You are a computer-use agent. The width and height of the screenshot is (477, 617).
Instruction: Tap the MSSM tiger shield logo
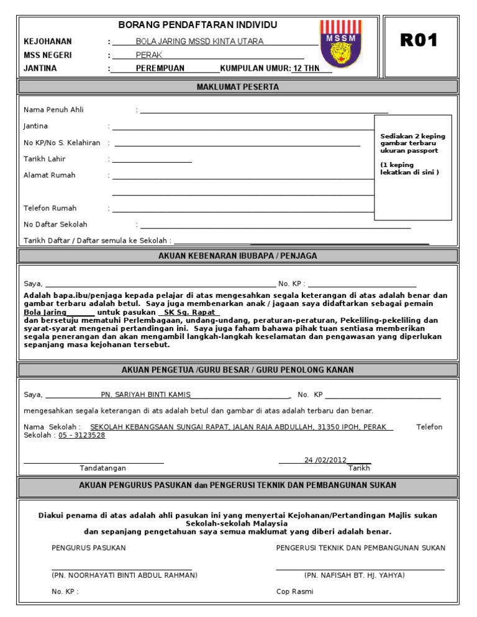pos(340,47)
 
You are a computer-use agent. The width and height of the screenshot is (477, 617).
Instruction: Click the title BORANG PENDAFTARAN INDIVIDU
pos(198,25)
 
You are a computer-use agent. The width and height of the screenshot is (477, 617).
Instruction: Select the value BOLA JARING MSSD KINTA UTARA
pos(199,42)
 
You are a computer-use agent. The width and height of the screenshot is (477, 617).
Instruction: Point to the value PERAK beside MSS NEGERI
pos(148,55)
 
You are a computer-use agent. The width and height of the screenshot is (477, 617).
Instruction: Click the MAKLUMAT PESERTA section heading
pos(238,87)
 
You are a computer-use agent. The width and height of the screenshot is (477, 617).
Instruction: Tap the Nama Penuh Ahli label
pos(53,110)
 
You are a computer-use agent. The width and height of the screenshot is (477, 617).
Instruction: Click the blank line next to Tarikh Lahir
pos(152,160)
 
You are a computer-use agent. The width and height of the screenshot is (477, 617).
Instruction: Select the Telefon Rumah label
pos(50,208)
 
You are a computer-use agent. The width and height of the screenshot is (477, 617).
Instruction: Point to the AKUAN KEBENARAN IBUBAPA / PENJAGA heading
pos(238,256)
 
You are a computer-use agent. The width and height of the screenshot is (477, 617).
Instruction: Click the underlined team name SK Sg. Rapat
pos(189,313)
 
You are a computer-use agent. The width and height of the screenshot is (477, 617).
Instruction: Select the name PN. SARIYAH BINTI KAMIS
pos(146,395)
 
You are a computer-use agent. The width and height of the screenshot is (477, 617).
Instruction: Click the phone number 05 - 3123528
pos(82,435)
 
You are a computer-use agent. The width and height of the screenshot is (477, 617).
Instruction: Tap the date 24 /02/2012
pos(325,460)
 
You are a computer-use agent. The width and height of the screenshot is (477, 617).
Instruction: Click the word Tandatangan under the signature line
pos(103,468)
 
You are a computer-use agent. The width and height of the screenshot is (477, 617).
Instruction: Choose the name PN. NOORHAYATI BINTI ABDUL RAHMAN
pos(122,575)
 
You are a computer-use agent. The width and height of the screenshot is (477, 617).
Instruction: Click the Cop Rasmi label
pos(295,592)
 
